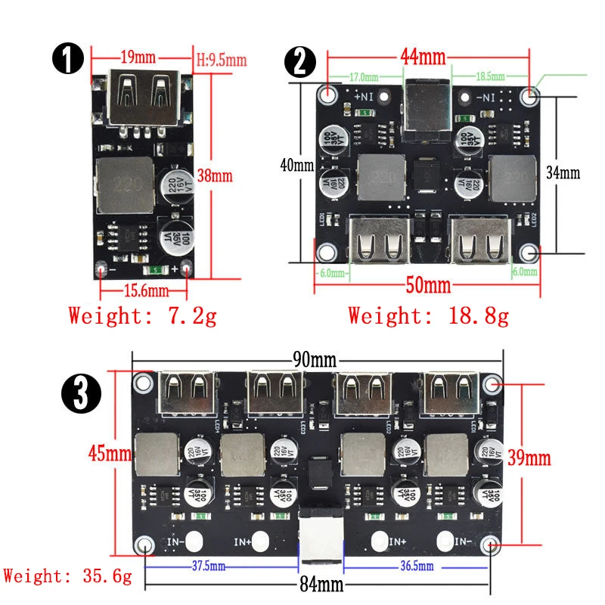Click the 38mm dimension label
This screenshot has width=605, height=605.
214,175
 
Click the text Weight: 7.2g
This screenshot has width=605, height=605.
142,315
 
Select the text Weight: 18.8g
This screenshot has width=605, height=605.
428,315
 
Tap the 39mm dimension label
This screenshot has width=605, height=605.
529,458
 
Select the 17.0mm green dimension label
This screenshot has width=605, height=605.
365,76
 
